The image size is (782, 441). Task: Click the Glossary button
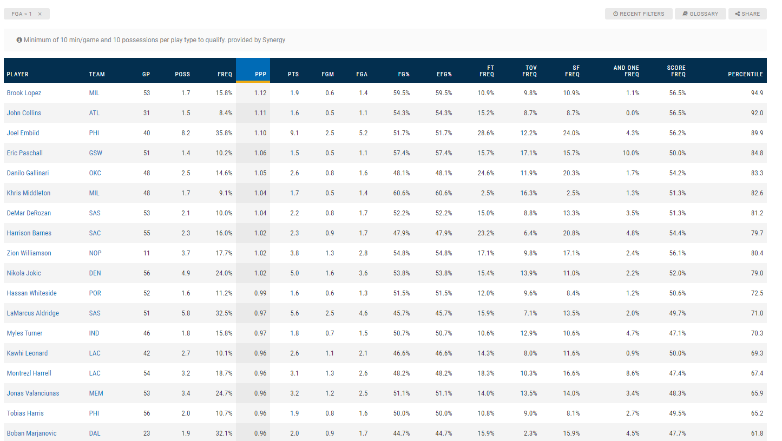pos(701,14)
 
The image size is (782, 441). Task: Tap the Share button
pos(747,14)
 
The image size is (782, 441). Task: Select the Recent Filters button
pos(639,14)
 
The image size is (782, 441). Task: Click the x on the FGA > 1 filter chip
pos(40,14)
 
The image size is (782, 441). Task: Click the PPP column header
pos(260,74)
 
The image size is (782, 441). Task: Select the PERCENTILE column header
pos(745,74)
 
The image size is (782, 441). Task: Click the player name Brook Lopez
pos(24,93)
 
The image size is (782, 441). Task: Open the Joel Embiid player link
pos(23,133)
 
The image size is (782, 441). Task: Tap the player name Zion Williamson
pos(29,253)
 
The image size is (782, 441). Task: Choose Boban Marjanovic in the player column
pos(31,433)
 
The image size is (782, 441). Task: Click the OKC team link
pos(95,173)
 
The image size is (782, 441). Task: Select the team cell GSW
pos(95,153)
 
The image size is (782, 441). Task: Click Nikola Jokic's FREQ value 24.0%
pos(224,273)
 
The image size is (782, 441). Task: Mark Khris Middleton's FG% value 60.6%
pos(401,193)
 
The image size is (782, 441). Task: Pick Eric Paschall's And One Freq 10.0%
pos(630,153)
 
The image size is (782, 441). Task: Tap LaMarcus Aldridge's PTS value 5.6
pos(294,313)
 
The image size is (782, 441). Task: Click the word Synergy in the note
pos(274,40)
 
